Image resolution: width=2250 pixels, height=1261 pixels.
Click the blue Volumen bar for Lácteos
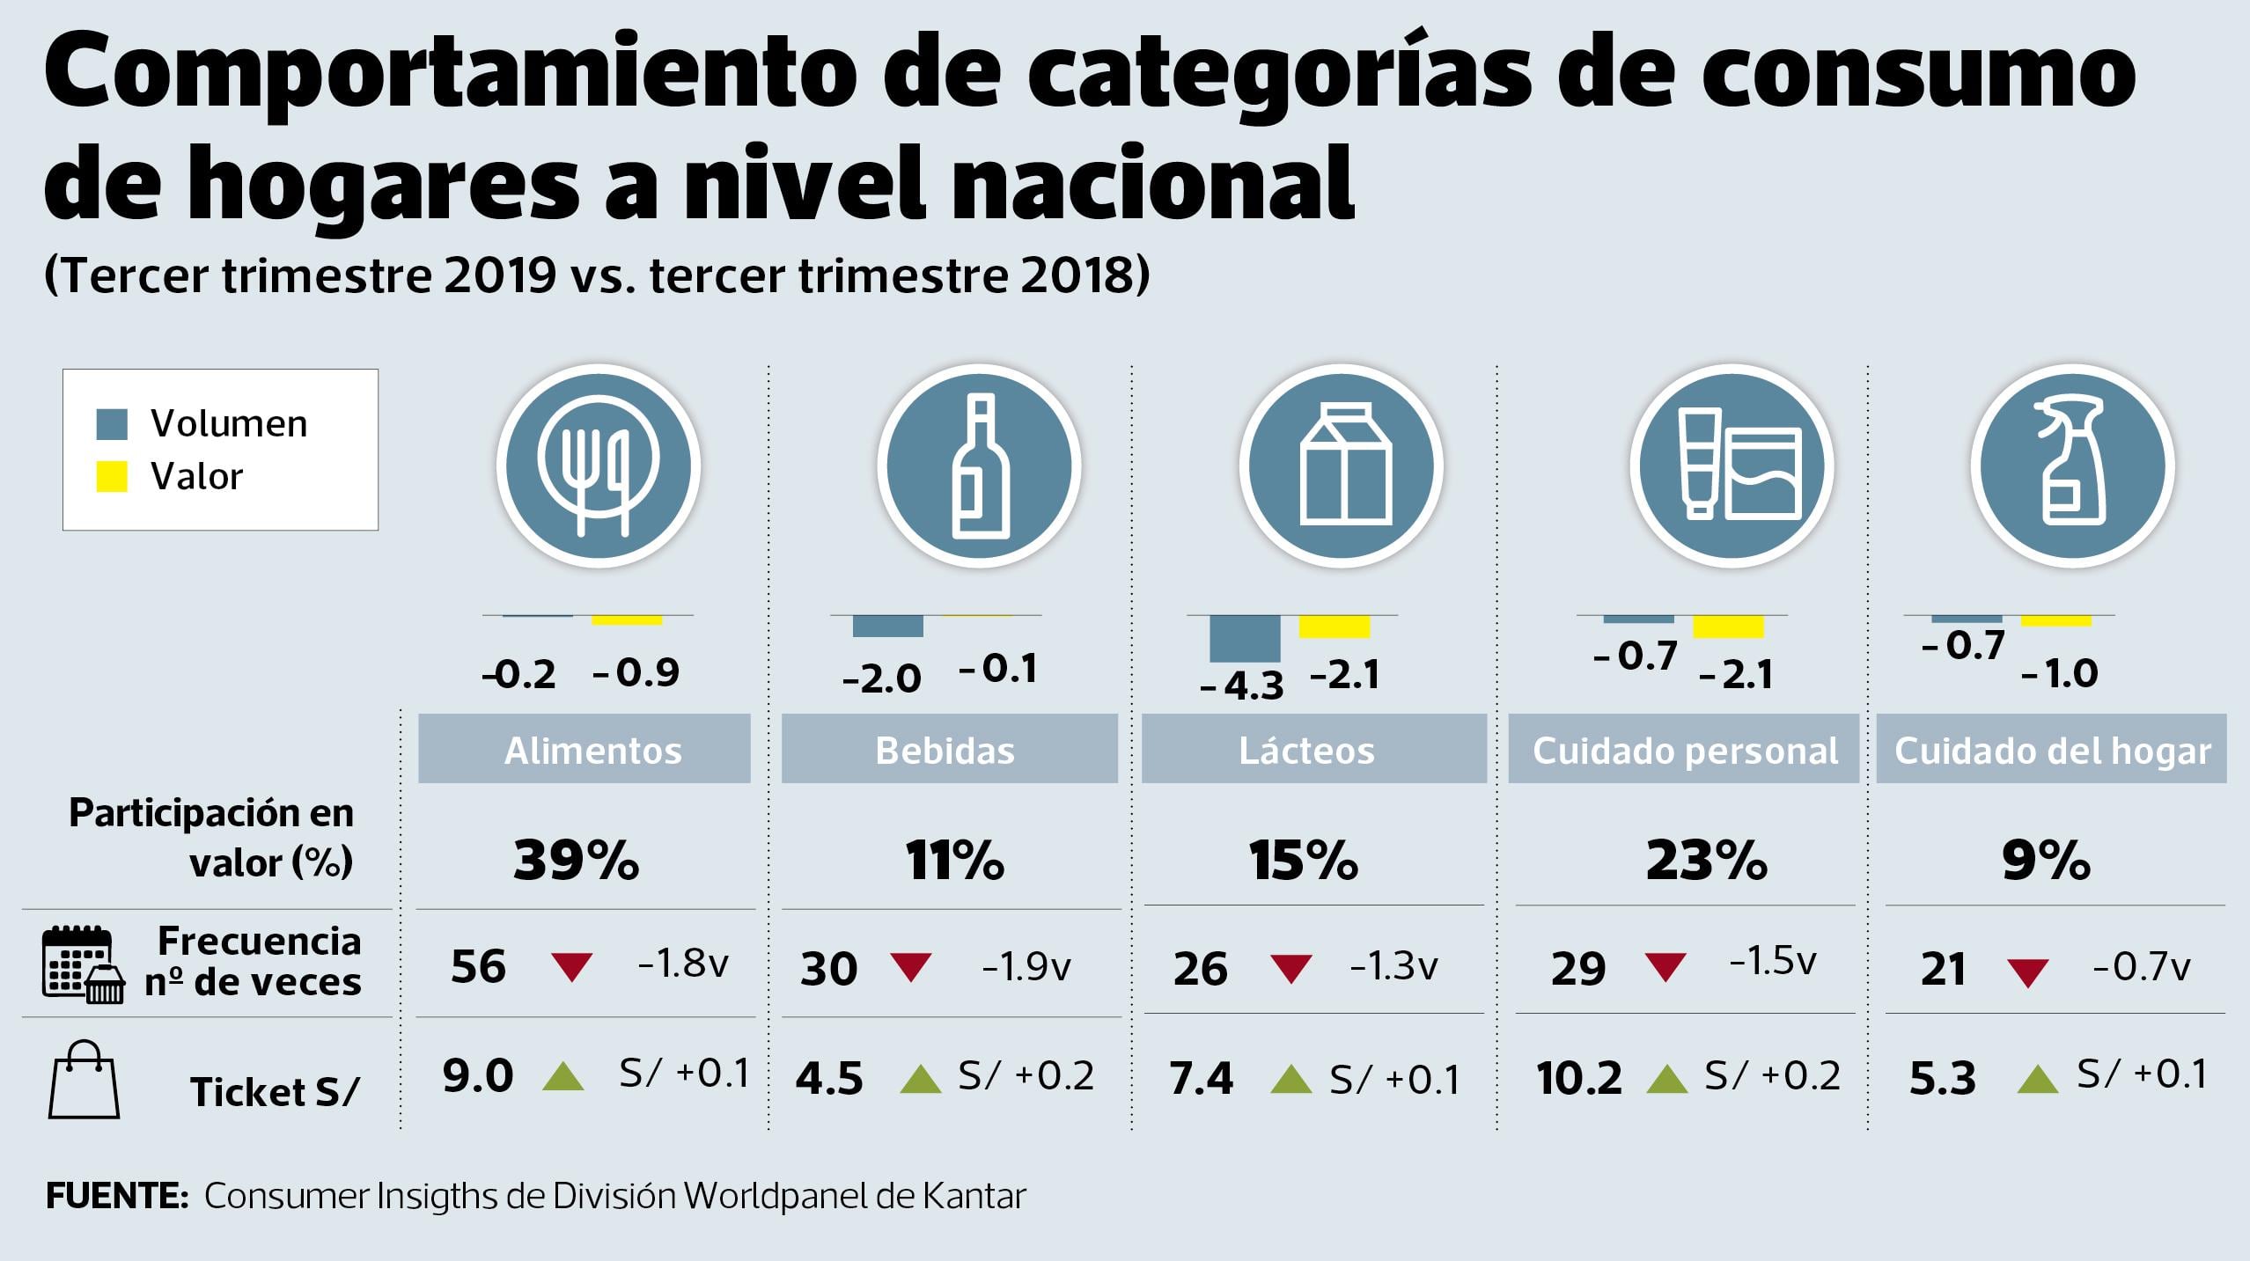point(1245,638)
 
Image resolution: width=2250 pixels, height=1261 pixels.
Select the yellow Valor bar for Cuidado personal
point(1728,627)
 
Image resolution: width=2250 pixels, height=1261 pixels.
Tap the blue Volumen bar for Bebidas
point(887,626)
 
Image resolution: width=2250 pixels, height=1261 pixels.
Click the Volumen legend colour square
point(112,424)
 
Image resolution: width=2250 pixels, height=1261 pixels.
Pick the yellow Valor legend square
point(112,476)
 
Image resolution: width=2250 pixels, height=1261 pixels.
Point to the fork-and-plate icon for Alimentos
point(599,466)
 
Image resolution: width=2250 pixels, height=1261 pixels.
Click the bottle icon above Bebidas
point(979,466)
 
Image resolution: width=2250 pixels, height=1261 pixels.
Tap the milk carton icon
point(1342,466)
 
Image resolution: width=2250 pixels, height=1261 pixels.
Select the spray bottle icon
point(2072,466)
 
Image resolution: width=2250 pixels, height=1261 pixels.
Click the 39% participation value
point(577,860)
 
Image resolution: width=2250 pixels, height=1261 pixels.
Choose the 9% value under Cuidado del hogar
point(2046,860)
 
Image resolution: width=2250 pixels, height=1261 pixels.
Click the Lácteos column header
point(1307,751)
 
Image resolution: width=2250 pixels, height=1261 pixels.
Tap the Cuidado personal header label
point(1685,751)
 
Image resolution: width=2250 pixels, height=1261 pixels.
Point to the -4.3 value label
point(1241,685)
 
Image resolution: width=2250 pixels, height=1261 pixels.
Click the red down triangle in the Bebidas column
point(911,966)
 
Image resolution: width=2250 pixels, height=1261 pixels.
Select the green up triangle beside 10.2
point(1666,1079)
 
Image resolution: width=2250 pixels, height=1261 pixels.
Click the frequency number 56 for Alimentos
point(478,966)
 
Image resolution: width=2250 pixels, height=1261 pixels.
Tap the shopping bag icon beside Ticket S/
point(84,1080)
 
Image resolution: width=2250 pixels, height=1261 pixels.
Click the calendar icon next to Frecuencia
point(77,964)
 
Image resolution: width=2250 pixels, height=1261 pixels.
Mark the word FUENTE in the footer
point(116,1197)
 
